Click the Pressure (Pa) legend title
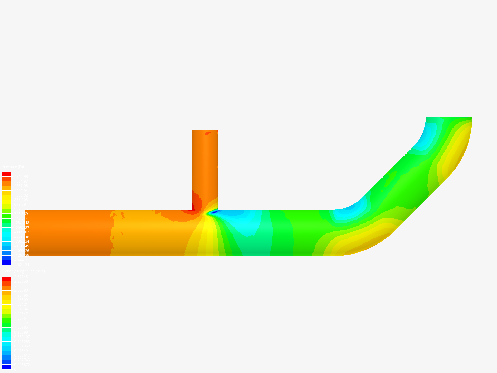(x=13, y=167)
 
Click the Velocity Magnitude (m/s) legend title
(x=23, y=271)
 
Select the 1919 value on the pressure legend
(x=18, y=172)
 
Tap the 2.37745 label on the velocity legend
(x=21, y=277)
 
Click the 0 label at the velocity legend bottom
(x=14, y=369)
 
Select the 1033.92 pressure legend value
(x=21, y=195)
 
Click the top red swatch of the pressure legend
(x=7, y=174)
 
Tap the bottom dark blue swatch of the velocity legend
(x=7, y=367)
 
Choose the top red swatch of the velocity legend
(x=7, y=279)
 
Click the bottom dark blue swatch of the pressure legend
(x=7, y=262)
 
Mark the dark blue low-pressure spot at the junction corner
(x=214, y=212)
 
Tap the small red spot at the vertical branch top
(x=208, y=133)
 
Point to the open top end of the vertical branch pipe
(x=205, y=131)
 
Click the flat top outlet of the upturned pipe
(x=449, y=117)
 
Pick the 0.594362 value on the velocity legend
(x=21, y=346)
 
